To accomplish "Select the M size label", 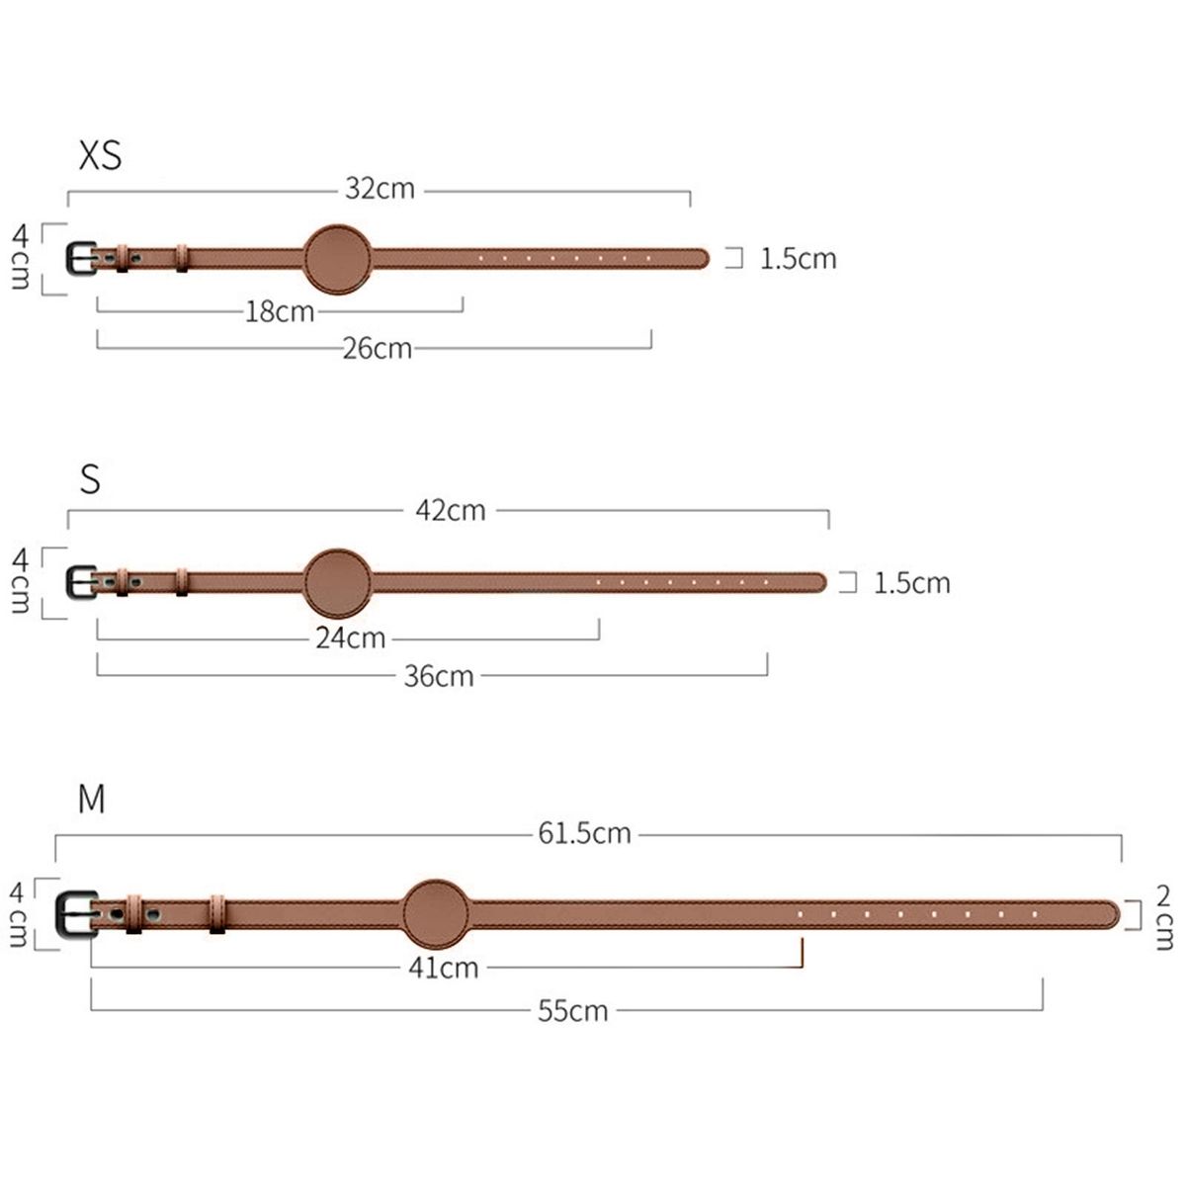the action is (92, 799).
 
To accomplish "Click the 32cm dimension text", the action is (380, 189).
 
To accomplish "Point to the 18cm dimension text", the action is (280, 311).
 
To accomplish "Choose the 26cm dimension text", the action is (378, 348).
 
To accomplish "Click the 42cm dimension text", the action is (451, 510).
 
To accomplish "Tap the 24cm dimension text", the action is (351, 637).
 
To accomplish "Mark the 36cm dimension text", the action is (439, 676).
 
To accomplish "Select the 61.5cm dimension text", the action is (585, 833).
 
